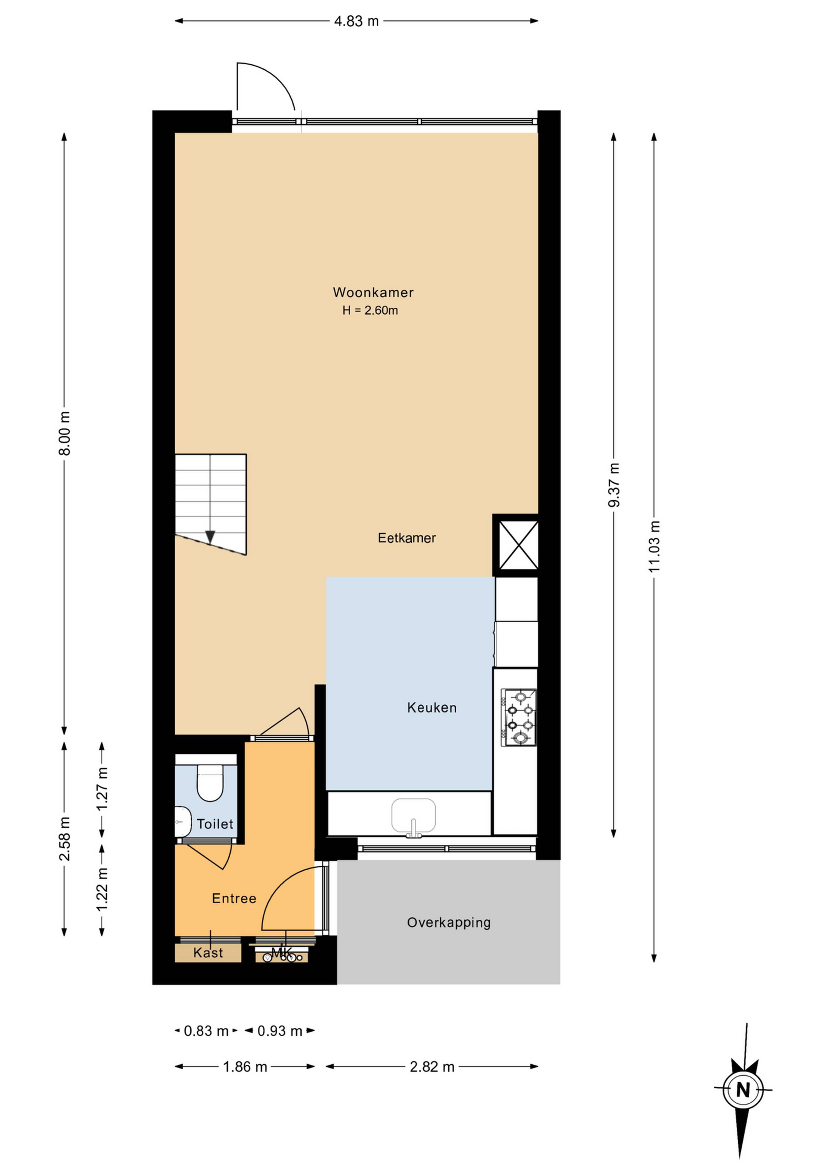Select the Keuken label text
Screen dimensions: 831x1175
432,708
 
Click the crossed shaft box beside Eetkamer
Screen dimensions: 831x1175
518,545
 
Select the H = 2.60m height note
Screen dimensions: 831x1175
370,310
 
